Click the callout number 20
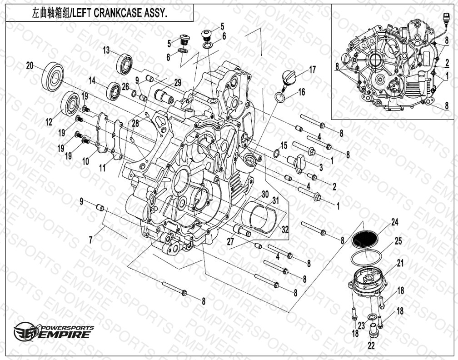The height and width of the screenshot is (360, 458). (x=30, y=66)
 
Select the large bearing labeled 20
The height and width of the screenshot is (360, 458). (x=53, y=76)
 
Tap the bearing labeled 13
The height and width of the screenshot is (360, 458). (x=124, y=64)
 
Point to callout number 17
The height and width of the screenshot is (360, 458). (x=313, y=70)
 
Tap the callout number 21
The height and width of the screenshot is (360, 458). (x=400, y=263)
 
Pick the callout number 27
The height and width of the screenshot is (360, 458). (x=231, y=242)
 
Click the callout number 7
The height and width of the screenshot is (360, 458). (x=90, y=240)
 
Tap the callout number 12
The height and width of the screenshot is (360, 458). (x=49, y=122)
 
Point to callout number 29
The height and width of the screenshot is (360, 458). (x=178, y=83)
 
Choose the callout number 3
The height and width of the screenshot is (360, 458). (x=321, y=167)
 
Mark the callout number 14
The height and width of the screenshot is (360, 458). (x=92, y=80)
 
